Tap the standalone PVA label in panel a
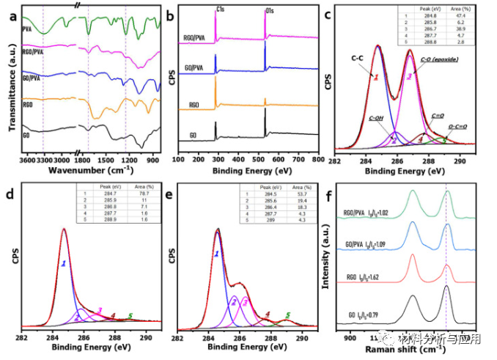pyautogui.click(x=26, y=30)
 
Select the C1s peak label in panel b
pyautogui.click(x=218, y=11)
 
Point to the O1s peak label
pyautogui.click(x=266, y=11)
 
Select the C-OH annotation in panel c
pyautogui.click(x=377, y=117)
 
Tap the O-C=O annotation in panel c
pyautogui.click(x=457, y=126)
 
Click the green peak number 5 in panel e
pyautogui.click(x=287, y=316)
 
